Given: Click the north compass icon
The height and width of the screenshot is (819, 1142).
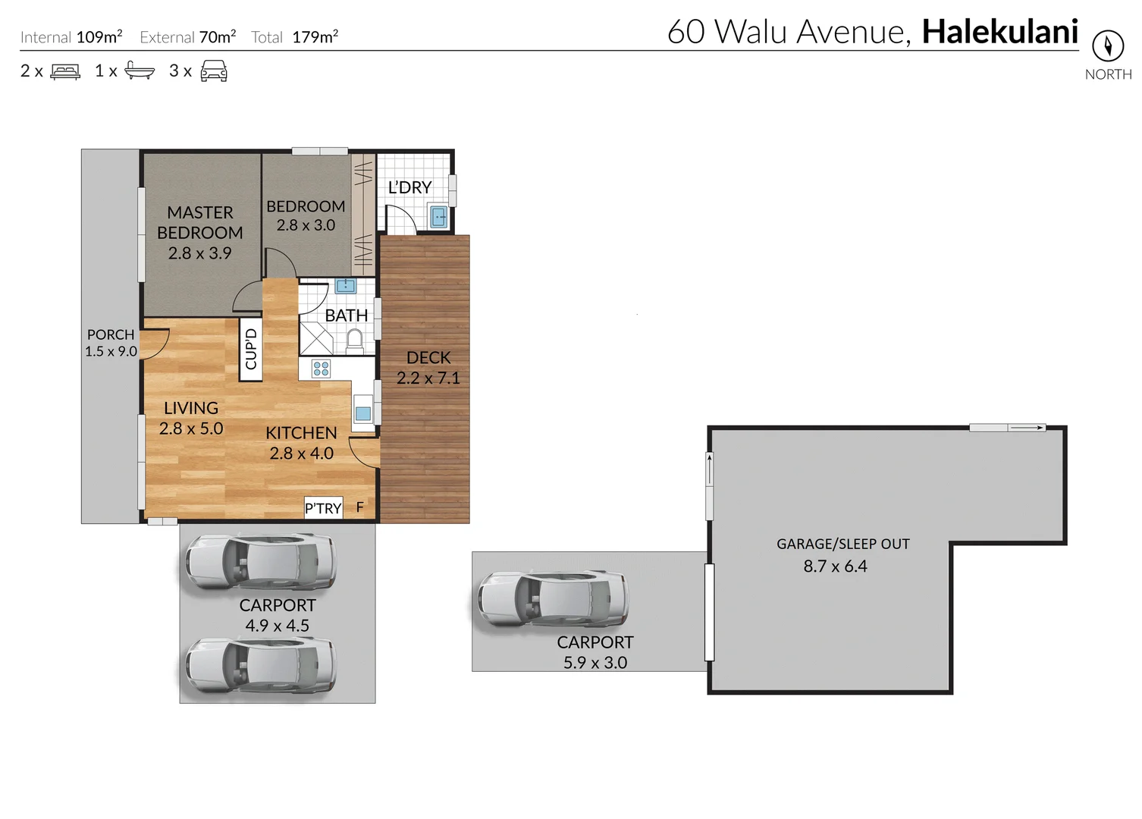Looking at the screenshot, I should coord(1107,46).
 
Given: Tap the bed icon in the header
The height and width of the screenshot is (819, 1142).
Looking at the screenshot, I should coord(65,72).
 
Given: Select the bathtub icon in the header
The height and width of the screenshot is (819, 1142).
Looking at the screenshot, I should coord(140,71).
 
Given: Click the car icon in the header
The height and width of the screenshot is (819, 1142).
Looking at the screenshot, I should coord(214,71).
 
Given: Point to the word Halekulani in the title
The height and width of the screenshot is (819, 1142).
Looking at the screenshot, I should coord(999,32).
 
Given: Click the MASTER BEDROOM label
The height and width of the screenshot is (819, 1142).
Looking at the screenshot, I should coord(200,223).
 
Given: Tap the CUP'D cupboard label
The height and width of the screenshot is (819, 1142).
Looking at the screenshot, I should coord(251,350).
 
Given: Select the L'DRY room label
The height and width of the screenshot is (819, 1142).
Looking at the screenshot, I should coord(409,187).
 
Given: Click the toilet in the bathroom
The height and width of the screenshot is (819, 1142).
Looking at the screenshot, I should coord(354,340).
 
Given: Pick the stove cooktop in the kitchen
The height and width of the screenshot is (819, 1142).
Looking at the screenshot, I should coord(322,369).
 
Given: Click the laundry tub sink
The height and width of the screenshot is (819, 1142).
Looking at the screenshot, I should coord(439,218).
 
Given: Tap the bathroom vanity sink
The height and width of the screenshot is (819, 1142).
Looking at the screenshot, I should coord(346,286).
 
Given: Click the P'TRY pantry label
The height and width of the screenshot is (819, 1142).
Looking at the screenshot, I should coord(323,508).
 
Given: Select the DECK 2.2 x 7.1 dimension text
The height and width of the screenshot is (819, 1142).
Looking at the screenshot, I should coord(428,378).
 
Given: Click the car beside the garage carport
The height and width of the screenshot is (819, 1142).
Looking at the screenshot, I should coord(553,599).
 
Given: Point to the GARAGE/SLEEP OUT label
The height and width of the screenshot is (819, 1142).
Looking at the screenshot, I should coord(842,544).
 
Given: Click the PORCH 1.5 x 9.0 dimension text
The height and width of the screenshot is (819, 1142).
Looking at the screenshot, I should coord(111,351).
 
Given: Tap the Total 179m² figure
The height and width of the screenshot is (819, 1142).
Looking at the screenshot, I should coord(315,37).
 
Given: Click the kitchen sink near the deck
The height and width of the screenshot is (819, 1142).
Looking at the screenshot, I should coord(363,414).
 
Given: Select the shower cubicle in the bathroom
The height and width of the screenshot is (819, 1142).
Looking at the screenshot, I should coord(316,339).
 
